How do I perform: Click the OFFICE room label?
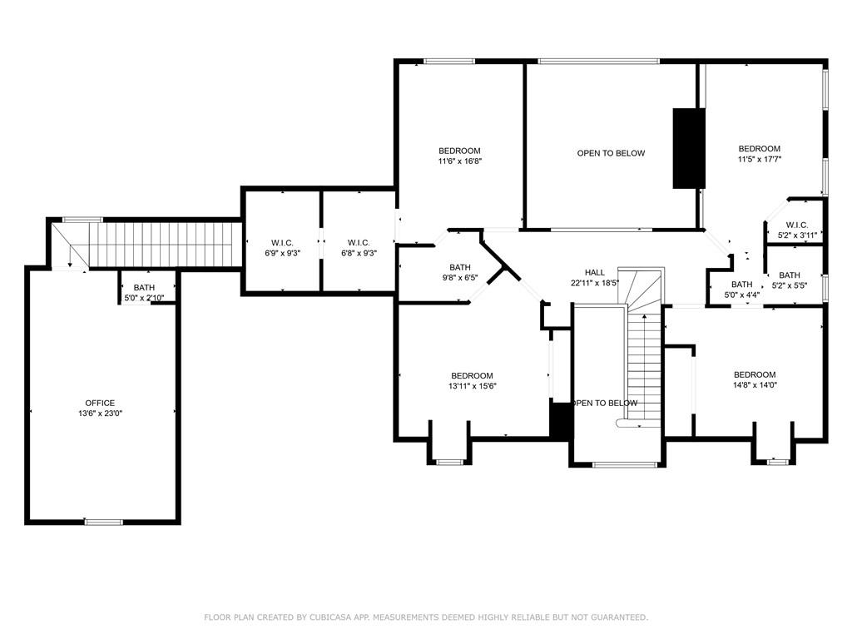[100, 403]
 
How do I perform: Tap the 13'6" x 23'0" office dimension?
[100, 414]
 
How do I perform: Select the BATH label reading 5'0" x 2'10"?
[144, 287]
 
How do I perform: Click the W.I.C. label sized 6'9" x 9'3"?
[283, 243]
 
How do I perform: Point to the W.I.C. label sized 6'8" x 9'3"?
[359, 243]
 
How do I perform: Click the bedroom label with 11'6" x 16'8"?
[459, 151]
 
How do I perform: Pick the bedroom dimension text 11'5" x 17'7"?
[759, 159]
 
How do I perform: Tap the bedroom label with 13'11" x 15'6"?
[472, 375]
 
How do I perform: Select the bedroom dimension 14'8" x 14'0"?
[755, 385]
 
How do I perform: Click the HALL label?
[594, 272]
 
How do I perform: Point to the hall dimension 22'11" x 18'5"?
[595, 283]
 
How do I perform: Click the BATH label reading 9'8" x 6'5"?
[459, 267]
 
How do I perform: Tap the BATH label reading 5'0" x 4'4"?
[741, 285]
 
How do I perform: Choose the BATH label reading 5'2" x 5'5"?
[790, 275]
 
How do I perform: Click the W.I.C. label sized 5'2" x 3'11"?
[797, 225]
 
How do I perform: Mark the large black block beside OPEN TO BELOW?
[689, 148]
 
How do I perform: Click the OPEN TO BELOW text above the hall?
[611, 153]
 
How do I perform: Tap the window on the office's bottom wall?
[103, 522]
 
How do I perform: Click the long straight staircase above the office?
[166, 245]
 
